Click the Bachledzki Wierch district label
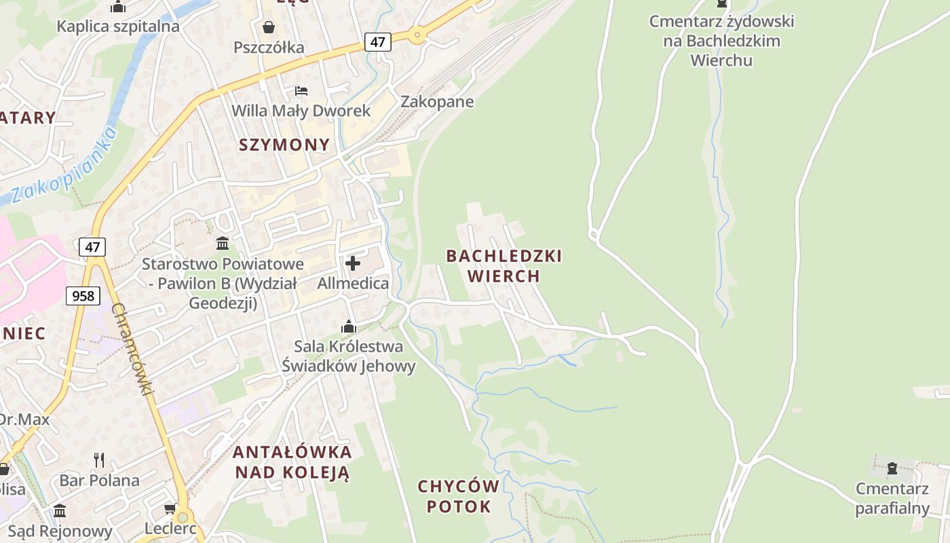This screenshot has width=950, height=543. (503, 265)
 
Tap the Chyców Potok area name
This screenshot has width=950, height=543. (458, 496)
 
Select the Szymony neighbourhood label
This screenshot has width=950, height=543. (284, 144)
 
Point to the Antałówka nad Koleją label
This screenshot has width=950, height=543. (292, 462)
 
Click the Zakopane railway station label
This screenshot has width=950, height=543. (437, 102)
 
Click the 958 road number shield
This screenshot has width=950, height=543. (83, 295)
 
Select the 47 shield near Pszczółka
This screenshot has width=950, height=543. (377, 42)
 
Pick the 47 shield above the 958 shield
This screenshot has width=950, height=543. (92, 246)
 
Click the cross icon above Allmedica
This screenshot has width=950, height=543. (353, 263)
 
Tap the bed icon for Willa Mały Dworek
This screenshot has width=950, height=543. (301, 91)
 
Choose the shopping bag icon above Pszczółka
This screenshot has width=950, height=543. (269, 27)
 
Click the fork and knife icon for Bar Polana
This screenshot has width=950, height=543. (99, 460)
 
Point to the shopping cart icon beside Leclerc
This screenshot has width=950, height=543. (170, 508)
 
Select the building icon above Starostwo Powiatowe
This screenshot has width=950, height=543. (223, 243)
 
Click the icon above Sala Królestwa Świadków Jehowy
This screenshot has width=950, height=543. (349, 327)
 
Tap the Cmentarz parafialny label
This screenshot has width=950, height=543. (892, 498)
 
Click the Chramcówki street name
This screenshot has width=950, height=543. (133, 350)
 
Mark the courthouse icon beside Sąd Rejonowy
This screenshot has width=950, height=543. (60, 510)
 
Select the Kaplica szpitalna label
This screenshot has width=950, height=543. (118, 26)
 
